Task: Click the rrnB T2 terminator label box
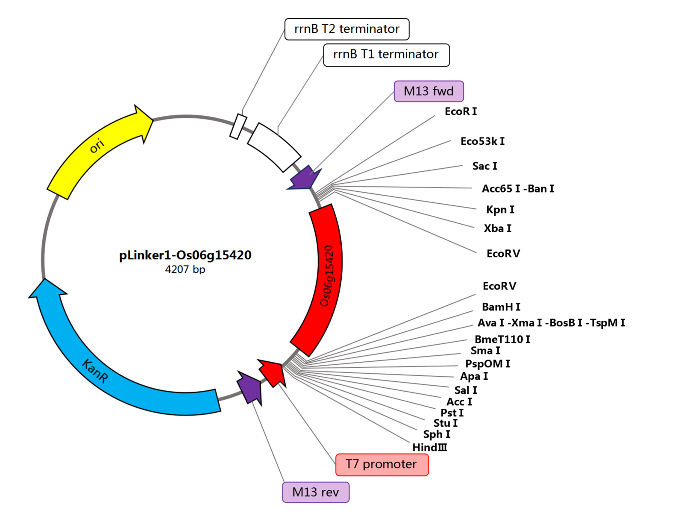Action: click(346, 29)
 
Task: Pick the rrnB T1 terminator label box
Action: click(386, 55)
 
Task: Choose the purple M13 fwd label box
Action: click(429, 91)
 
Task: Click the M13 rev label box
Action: click(315, 492)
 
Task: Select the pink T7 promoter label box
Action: click(382, 464)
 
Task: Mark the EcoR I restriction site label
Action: click(461, 111)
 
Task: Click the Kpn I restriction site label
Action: click(500, 210)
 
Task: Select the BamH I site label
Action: click(501, 307)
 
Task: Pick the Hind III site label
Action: click(429, 447)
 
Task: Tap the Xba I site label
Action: click(497, 228)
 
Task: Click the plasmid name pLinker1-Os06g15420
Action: click(185, 255)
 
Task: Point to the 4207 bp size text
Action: click(185, 269)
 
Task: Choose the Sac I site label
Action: click(484, 166)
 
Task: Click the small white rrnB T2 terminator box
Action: click(238, 126)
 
